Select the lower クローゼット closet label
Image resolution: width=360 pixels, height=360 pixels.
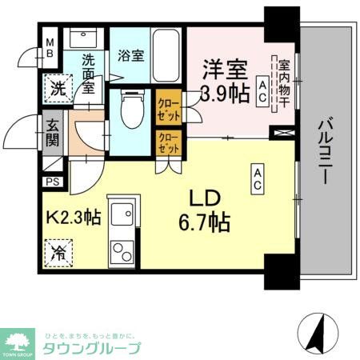tap(169, 144)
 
